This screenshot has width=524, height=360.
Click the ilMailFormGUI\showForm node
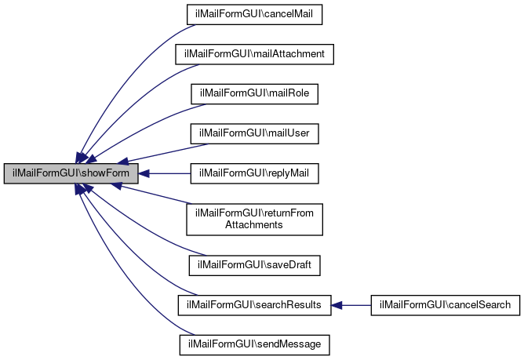(71, 173)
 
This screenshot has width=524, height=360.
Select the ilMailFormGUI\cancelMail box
(255, 14)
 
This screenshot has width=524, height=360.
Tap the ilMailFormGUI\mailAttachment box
(255, 54)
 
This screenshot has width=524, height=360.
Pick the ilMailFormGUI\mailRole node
(255, 94)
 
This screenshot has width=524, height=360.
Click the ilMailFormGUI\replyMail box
(255, 173)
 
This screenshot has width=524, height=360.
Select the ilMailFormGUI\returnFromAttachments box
(255, 219)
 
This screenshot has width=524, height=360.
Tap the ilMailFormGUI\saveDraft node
(255, 265)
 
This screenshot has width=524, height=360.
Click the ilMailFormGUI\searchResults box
(255, 304)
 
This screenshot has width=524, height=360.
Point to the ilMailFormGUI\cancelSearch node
(445, 304)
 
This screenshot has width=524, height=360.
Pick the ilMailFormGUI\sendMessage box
(255, 344)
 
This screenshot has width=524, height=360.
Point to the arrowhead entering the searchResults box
(337, 304)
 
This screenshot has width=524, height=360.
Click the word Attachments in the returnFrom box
(255, 225)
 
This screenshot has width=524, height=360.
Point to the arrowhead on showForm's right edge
(145, 173)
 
